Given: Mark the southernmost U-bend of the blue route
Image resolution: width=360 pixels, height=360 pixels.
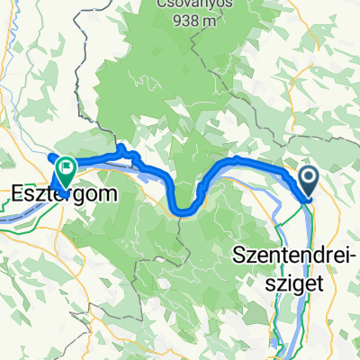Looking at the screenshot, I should coord(183,212).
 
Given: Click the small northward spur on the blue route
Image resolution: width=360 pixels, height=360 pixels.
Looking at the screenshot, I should coord(120,148).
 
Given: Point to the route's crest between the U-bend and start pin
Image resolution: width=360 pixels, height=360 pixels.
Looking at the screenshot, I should coord(236,160).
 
